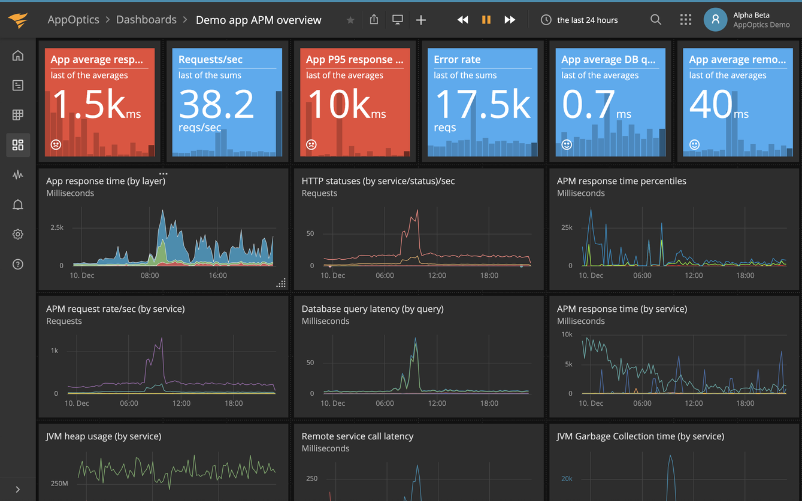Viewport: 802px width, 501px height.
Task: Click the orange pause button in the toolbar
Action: [486, 20]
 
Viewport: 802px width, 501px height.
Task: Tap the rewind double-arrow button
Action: [462, 20]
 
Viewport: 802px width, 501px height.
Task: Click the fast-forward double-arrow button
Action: [510, 20]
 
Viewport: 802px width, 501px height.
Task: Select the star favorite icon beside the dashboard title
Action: [350, 20]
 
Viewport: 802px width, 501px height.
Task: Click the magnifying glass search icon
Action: [656, 20]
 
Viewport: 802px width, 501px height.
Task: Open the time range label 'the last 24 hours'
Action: [587, 20]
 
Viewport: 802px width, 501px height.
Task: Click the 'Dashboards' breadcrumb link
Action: [146, 20]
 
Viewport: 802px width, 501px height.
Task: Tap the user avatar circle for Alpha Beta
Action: [715, 20]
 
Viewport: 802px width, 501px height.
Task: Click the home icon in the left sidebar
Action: [18, 56]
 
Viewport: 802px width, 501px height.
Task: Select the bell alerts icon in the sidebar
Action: [18, 205]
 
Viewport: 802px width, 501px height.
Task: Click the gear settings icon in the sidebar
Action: [18, 234]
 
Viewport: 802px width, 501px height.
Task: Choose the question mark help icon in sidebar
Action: [18, 264]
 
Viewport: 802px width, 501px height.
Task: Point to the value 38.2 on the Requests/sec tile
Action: [216, 104]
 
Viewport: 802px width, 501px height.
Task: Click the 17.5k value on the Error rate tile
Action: [482, 104]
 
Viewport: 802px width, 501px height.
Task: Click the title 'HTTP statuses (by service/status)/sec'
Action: [378, 181]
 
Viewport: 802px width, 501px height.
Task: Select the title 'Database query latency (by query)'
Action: [373, 309]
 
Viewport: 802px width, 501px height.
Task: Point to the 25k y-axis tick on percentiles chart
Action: [566, 227]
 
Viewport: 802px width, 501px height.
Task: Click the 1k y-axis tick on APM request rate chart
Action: [55, 351]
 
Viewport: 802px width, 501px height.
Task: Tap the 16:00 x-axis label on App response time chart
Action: [217, 275]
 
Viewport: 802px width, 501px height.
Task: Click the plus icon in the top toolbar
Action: [421, 20]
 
